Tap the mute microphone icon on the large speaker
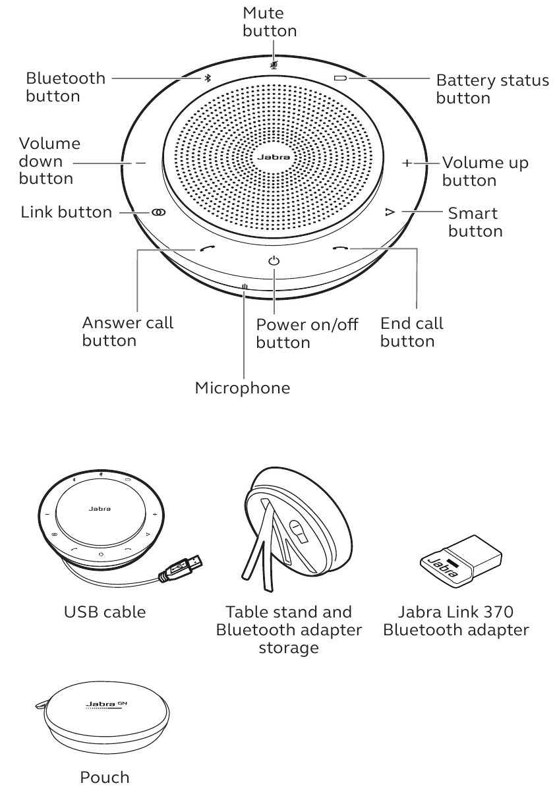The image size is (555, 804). click(x=274, y=65)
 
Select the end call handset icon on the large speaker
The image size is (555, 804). click(x=339, y=248)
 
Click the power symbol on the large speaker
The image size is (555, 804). click(x=274, y=261)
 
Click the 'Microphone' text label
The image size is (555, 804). click(x=242, y=388)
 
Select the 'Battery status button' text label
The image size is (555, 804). click(x=492, y=90)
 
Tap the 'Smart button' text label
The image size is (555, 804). click(x=475, y=222)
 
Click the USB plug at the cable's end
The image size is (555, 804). click(x=187, y=567)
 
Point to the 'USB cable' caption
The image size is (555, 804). click(x=105, y=612)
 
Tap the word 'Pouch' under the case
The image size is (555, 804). click(x=104, y=778)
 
